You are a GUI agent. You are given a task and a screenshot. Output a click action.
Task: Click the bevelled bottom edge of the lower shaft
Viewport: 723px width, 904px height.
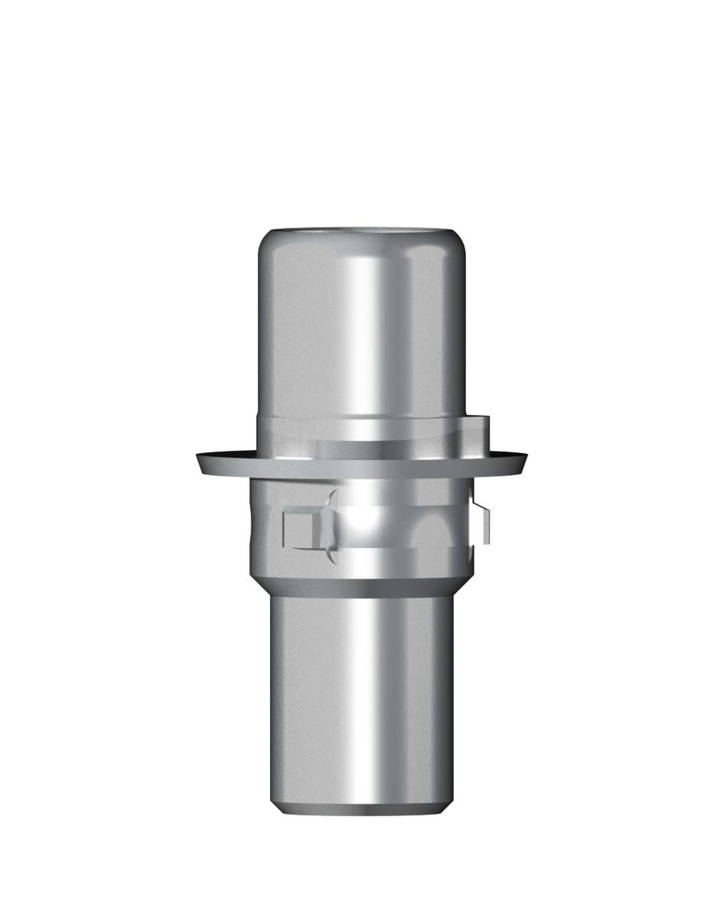pyautogui.click(x=362, y=808)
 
